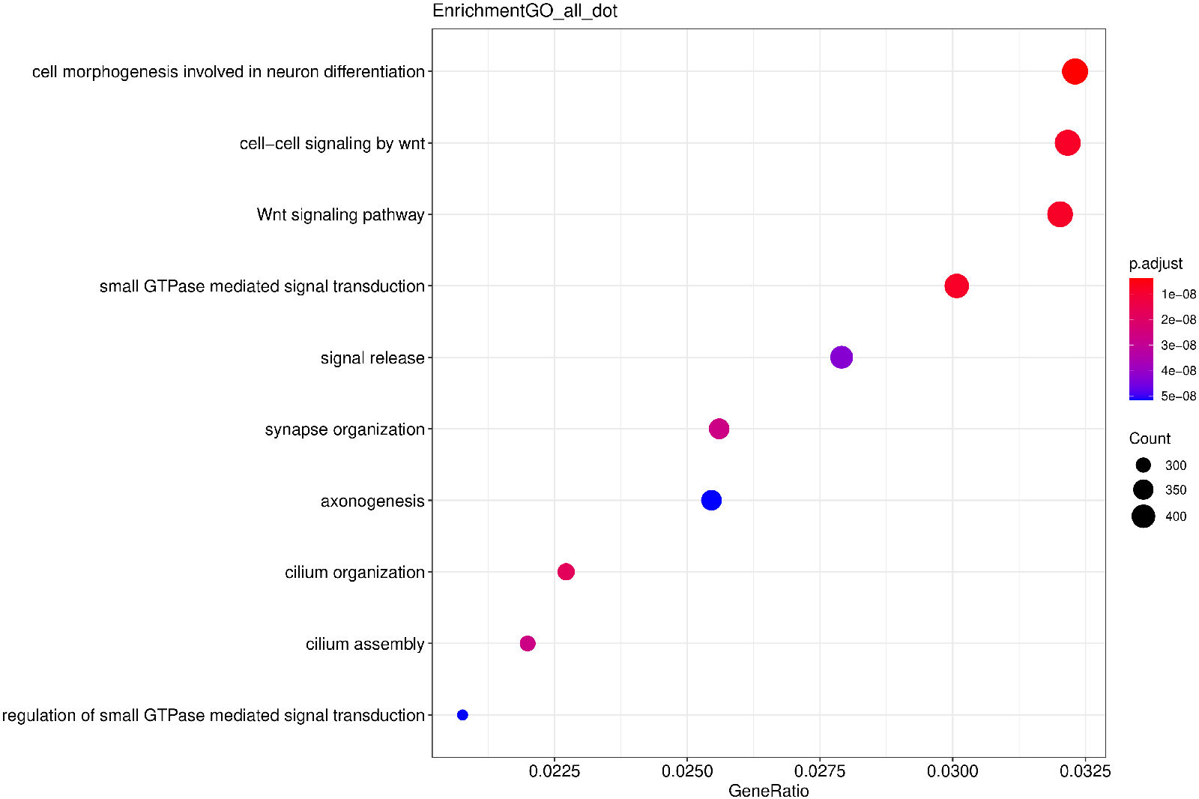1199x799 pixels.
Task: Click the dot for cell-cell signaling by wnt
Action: pos(1067,142)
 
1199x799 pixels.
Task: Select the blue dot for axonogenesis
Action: pos(711,500)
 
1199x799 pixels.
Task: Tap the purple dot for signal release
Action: pos(841,358)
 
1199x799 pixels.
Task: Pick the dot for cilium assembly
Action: pos(528,643)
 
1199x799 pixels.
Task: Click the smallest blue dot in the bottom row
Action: pos(462,715)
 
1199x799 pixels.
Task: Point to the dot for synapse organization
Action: pos(719,429)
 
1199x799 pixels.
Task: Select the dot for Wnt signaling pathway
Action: pos(1060,214)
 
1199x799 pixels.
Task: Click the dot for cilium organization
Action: pos(566,572)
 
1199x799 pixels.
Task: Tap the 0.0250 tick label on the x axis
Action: pos(687,771)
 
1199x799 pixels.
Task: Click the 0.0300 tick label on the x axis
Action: pos(952,771)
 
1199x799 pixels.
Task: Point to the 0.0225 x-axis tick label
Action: pos(555,771)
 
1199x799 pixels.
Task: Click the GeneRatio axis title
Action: pos(768,791)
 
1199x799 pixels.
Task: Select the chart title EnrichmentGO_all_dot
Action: pos(525,11)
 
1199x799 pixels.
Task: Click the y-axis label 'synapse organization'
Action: pos(345,429)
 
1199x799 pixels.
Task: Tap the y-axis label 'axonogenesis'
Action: pos(372,501)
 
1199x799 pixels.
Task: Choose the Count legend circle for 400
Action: pos(1143,516)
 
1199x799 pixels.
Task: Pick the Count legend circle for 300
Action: pos(1143,465)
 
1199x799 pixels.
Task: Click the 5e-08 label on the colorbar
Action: pos(1178,397)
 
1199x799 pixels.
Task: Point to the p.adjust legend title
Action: pos(1156,264)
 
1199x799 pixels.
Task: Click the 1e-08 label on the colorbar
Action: pos(1178,295)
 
